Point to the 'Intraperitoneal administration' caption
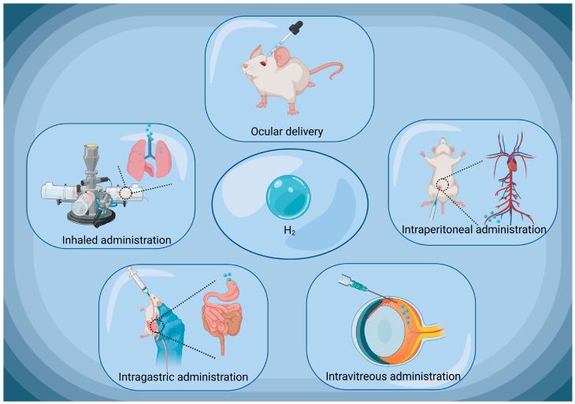pos(473,231)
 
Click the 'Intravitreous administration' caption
pos(392,376)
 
